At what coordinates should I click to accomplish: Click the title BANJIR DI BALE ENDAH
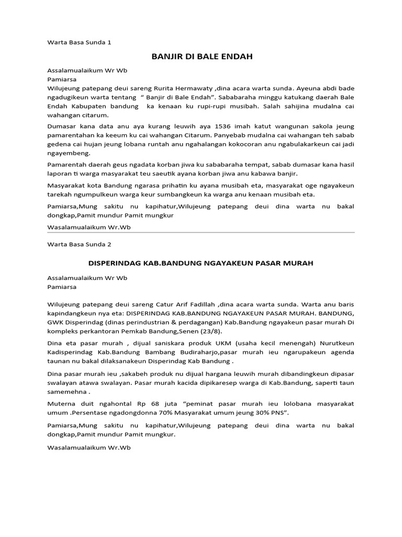point(201,57)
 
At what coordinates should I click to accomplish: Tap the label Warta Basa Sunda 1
point(80,42)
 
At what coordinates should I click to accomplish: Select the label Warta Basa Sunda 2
point(80,244)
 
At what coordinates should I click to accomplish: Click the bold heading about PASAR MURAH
point(201,263)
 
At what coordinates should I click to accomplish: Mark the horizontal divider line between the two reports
point(201,233)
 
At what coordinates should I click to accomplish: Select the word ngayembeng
point(69,154)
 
